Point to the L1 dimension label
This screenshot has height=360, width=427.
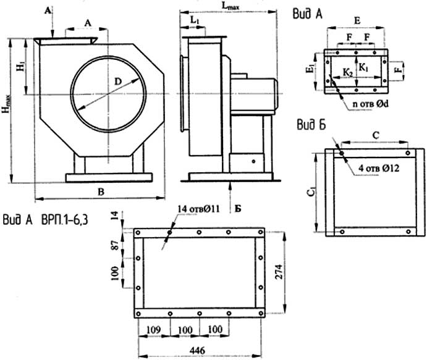(195, 20)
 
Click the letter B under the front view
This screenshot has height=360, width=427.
(100, 191)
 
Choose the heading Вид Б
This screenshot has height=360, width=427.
(308, 128)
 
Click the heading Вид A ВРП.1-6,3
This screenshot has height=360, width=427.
(46, 219)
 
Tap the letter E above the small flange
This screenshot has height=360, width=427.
(358, 20)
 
